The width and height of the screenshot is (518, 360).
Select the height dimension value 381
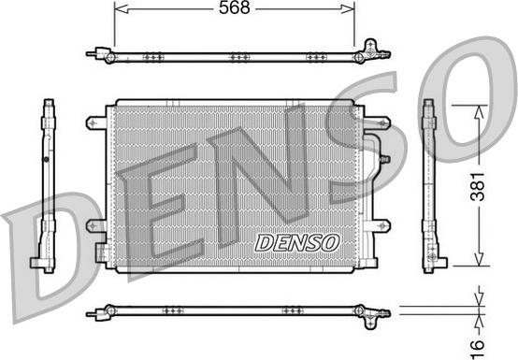click(500, 186)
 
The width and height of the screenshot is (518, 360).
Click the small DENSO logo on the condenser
click(296, 242)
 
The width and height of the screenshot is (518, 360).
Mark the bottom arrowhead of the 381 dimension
click(478, 263)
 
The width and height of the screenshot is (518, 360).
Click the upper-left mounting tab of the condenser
click(94, 122)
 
